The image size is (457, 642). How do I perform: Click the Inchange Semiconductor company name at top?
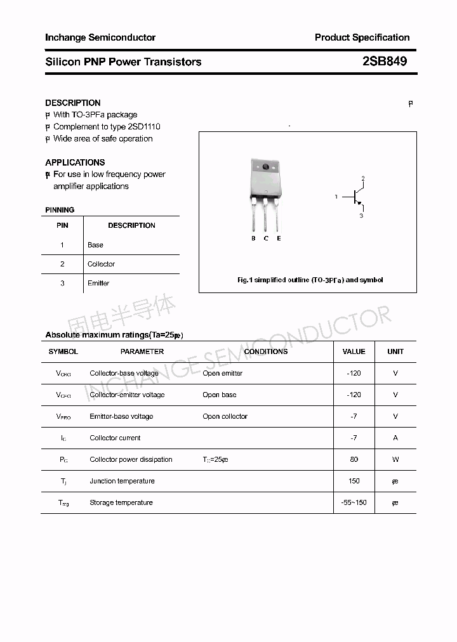click(x=100, y=37)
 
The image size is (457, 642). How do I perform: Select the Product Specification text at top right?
click(x=362, y=37)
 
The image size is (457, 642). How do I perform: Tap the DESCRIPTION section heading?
click(x=72, y=103)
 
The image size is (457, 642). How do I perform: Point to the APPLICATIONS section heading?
click(x=75, y=162)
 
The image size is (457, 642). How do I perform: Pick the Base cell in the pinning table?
click(x=95, y=245)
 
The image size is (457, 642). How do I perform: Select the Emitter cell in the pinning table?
click(x=98, y=283)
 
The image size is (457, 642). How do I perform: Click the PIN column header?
click(x=62, y=225)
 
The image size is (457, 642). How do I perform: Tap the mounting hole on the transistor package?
click(x=265, y=168)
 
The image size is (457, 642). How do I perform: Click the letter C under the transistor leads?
click(x=266, y=239)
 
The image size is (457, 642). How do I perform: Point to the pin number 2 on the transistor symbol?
click(x=362, y=178)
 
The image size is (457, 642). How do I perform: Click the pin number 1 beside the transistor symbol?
click(x=336, y=197)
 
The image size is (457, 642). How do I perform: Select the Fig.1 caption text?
click(x=310, y=280)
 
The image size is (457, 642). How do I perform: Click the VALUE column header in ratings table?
click(x=354, y=351)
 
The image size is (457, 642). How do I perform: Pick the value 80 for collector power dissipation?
click(x=354, y=459)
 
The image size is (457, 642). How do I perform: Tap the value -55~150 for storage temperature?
click(x=354, y=502)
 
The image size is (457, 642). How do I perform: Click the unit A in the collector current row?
click(x=395, y=438)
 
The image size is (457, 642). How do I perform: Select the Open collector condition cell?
click(x=225, y=416)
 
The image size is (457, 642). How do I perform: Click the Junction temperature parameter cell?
click(x=122, y=481)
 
